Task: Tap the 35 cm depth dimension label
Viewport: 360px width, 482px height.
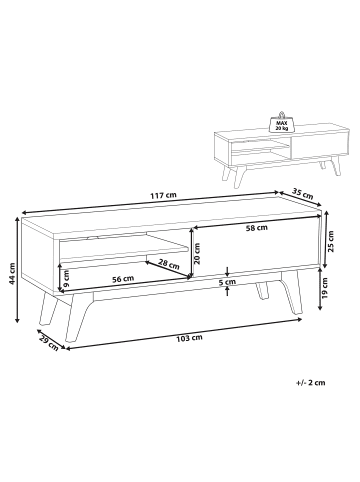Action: pos(303,194)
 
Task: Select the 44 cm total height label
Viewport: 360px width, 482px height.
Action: pos(12,273)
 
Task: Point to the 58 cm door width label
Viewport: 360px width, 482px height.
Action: pos(257,228)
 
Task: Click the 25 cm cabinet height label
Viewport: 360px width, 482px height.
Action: pos(331,242)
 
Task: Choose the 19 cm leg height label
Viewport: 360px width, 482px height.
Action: pos(325,287)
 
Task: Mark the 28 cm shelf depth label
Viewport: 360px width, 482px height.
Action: pos(169,265)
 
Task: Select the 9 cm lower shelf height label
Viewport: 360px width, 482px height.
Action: pos(66,279)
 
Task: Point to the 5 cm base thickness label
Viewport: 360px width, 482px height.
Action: pos(227,282)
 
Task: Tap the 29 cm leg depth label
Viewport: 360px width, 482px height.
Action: pos(49,344)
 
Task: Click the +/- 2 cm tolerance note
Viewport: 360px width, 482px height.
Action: pos(310,382)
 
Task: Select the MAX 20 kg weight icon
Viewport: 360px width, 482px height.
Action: pos(281,121)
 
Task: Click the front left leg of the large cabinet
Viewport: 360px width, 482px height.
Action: pos(78,318)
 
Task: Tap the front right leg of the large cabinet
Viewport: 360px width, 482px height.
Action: pos(292,292)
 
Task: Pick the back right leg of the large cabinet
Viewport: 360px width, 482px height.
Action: pos(262,290)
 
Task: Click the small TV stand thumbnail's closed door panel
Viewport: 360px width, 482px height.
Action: pos(319,144)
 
